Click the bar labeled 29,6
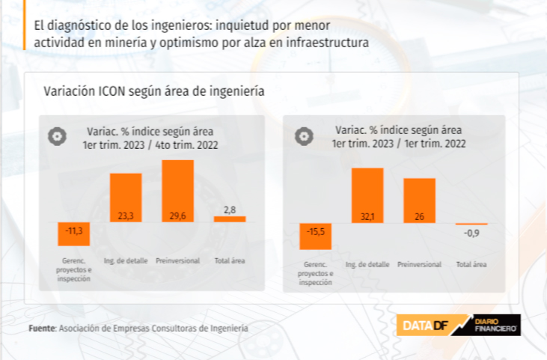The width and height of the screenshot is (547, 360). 177,191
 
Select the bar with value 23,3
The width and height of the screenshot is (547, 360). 126,198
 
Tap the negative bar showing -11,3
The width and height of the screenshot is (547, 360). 74,234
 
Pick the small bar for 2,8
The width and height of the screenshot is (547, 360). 230,219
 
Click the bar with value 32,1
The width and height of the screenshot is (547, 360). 367,195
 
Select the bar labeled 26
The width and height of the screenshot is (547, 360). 419,200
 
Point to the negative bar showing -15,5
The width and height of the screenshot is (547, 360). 315,236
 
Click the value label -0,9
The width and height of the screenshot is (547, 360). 471,234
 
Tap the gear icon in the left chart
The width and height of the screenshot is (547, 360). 56,136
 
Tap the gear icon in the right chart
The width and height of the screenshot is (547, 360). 303,136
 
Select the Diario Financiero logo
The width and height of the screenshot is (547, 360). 494,325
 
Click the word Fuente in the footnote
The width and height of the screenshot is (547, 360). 41,328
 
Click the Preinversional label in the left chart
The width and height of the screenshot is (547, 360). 177,261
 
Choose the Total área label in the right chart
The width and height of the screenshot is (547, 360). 471,264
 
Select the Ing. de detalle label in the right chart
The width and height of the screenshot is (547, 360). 367,264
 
